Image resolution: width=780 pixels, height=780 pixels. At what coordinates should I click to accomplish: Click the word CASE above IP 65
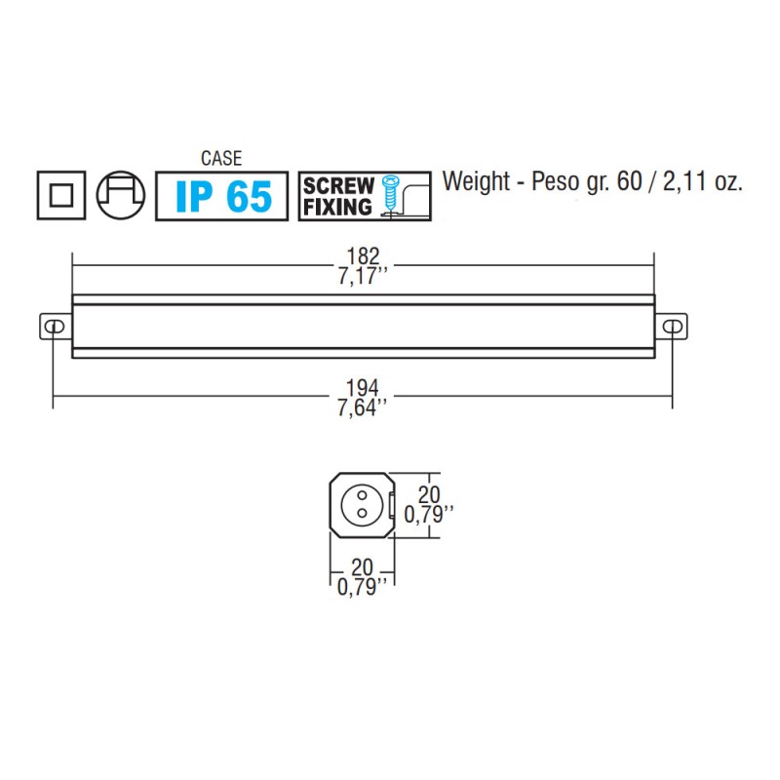coord(221,158)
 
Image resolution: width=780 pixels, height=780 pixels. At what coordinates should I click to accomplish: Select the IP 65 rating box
coord(222,196)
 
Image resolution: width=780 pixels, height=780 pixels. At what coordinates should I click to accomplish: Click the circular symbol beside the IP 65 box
coord(121,195)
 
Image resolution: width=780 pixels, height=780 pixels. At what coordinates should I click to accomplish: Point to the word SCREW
coord(338,185)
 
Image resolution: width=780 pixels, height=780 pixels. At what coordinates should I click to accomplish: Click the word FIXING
coord(337,207)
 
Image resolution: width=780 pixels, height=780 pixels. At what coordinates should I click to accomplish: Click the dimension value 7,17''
coord(363,278)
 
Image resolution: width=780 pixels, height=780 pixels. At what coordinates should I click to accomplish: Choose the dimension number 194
coord(361,387)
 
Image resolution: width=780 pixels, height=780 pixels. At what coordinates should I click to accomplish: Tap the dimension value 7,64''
coord(363,407)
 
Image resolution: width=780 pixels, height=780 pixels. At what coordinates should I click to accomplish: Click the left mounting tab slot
coord(56,325)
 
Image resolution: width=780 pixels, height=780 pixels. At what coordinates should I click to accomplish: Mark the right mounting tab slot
coord(671,325)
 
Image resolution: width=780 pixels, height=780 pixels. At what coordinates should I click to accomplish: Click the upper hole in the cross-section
coord(361,496)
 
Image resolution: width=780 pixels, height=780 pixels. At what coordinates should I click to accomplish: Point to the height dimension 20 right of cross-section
coord(429,494)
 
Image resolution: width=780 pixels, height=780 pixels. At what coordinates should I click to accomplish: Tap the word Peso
coord(561,182)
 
